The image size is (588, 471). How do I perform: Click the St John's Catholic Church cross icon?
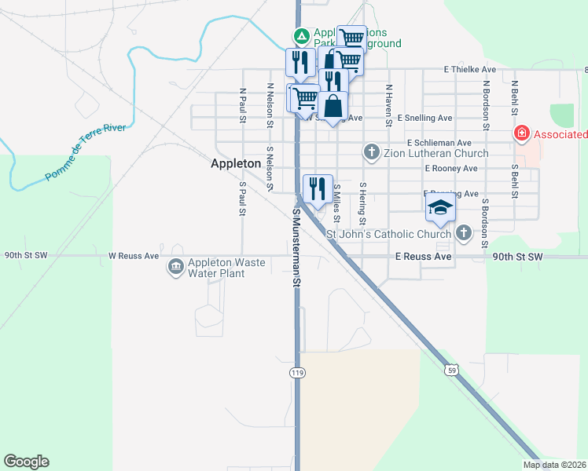(464, 233)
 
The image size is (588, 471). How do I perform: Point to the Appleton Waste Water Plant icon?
(175, 268)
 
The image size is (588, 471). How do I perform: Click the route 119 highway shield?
(296, 371)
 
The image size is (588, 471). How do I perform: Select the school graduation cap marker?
(441, 208)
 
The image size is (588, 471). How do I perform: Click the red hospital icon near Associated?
(520, 134)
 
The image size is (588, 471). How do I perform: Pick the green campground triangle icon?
(301, 36)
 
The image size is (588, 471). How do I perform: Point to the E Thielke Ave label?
(469, 70)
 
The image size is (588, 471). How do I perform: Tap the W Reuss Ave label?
(134, 256)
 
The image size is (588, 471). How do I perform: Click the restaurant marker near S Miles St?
(318, 188)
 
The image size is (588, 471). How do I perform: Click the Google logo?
(26, 462)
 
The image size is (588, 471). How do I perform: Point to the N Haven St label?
(388, 105)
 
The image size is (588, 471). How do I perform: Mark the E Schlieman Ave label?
(440, 143)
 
